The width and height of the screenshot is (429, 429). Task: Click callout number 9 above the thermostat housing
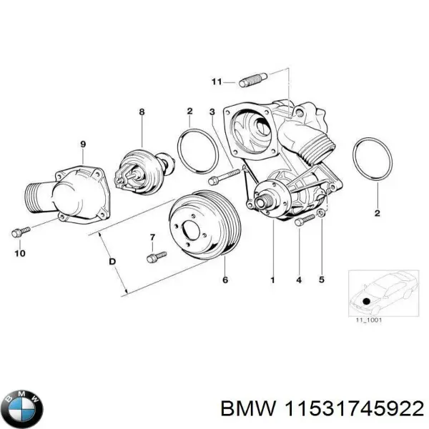coord(83,144)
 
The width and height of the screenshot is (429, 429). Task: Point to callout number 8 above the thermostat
coord(142,112)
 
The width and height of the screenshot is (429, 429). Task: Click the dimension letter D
coord(112,262)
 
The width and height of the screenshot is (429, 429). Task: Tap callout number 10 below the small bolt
coord(19,253)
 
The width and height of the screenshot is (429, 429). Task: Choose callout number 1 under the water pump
coord(272,280)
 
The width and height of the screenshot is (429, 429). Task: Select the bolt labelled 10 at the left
coord(20,232)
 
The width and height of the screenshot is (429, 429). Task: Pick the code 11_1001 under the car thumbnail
coord(369,320)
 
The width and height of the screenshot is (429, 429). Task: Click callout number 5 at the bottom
coord(321,280)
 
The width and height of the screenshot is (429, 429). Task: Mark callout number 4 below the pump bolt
coord(298,280)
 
